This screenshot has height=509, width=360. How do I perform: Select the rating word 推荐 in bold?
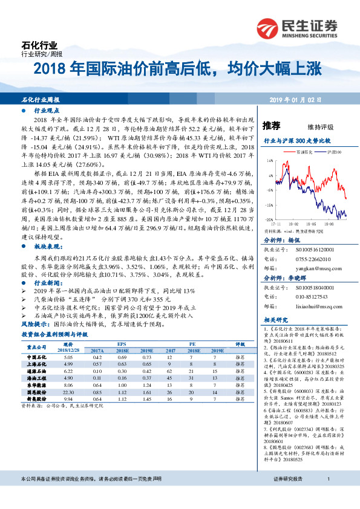coord(272,126)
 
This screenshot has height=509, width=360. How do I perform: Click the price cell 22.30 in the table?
coord(68,392)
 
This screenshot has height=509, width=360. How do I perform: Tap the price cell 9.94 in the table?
coord(68,398)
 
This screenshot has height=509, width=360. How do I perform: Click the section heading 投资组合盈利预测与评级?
coord(54,334)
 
